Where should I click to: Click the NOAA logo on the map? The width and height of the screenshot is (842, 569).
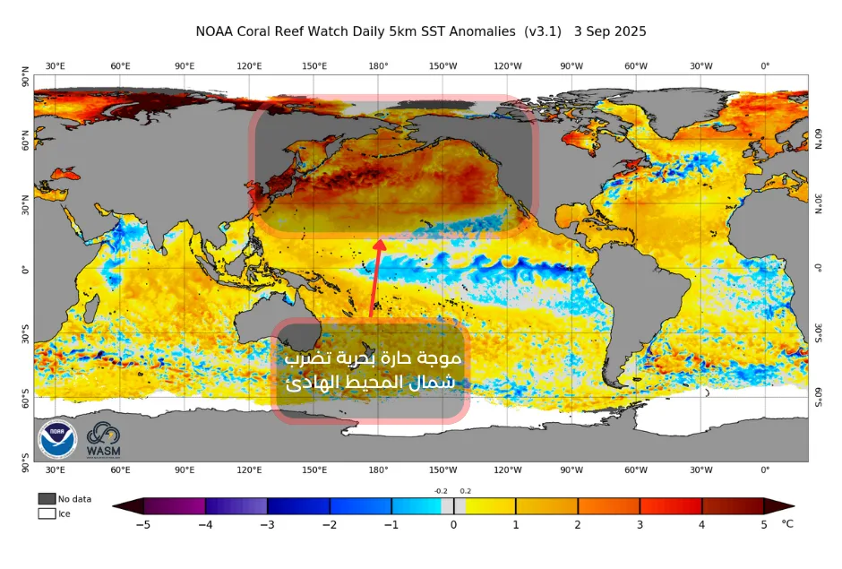[x=57, y=439]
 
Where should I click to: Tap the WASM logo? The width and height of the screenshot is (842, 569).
[x=103, y=440]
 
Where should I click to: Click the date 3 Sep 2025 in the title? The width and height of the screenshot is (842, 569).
[x=610, y=31]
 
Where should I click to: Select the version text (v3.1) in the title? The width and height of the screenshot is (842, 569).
[x=543, y=31]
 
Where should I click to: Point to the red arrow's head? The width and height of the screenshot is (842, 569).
[x=379, y=245]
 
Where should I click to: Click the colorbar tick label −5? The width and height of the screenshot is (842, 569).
[x=142, y=525]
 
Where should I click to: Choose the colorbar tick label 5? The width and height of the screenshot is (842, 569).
[x=763, y=525]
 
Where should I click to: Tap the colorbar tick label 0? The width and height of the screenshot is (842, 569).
[x=453, y=525]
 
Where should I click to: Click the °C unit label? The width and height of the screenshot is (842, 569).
[x=787, y=524]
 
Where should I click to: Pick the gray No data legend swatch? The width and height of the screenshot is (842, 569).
[x=47, y=498]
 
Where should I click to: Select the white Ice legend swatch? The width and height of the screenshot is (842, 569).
[x=47, y=513]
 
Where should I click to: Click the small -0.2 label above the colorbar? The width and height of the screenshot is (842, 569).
[x=441, y=491]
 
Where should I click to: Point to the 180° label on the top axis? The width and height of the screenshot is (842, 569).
[x=378, y=66]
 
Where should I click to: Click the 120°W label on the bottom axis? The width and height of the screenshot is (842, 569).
[x=508, y=470]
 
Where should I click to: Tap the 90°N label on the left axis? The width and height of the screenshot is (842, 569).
[x=25, y=77]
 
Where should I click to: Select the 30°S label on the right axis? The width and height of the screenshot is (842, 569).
[x=819, y=333]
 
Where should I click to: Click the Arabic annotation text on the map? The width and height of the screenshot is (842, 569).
[x=373, y=370]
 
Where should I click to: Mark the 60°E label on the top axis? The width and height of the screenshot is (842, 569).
[x=120, y=66]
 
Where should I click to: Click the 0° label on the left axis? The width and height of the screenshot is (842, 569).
[x=25, y=269]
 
